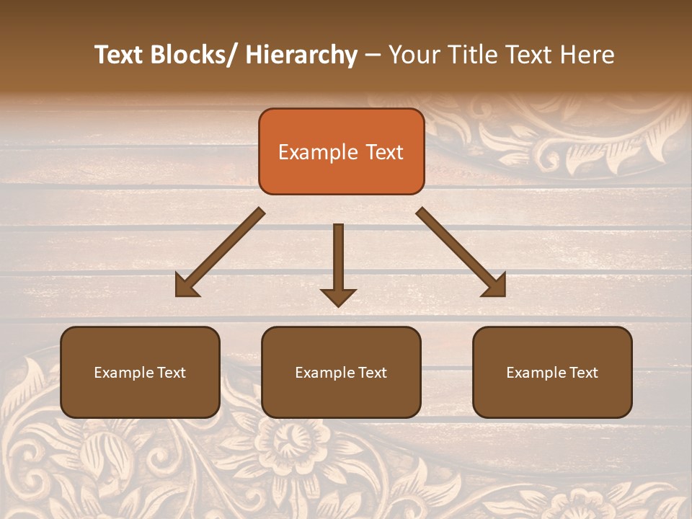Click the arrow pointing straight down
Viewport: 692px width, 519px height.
[338, 259]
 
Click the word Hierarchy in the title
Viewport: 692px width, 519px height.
[301, 55]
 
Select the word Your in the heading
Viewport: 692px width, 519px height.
[412, 55]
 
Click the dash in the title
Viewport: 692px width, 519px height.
[373, 56]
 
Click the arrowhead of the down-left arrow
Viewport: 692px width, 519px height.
[185, 286]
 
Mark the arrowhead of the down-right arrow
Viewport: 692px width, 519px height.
[495, 286]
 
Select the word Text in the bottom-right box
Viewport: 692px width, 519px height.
[584, 373]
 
